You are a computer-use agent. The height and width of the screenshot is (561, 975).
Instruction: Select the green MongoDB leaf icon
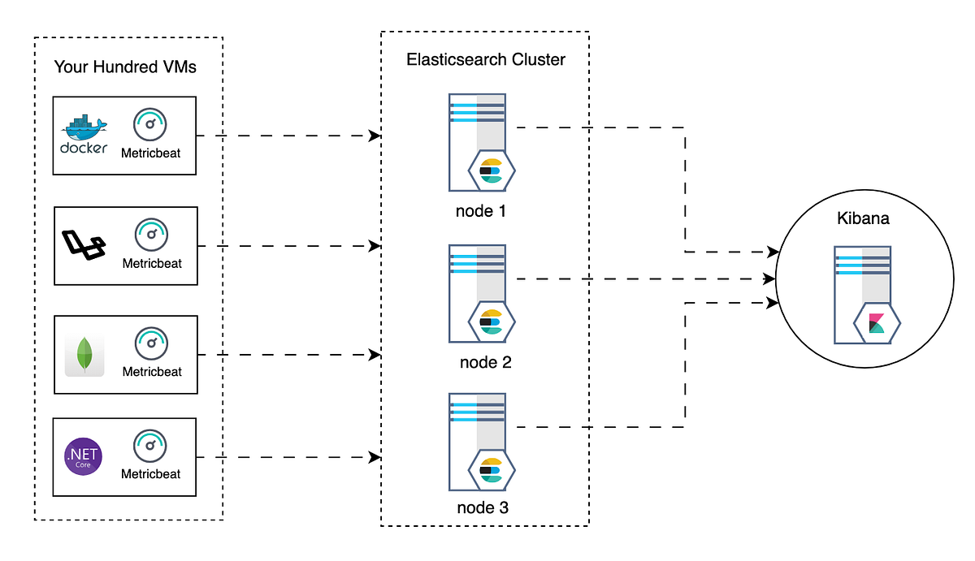click(84, 355)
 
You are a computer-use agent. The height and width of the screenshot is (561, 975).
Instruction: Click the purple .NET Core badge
click(84, 456)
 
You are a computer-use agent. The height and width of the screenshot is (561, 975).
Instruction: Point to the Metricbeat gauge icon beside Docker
click(151, 124)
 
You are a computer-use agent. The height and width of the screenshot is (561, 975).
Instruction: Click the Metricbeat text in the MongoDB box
click(152, 372)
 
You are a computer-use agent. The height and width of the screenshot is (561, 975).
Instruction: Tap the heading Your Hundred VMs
click(125, 67)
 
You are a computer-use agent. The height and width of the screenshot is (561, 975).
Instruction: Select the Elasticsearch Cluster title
click(485, 59)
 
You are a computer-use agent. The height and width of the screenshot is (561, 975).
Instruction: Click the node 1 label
click(484, 211)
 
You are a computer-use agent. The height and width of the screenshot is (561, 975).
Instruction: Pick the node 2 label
click(485, 362)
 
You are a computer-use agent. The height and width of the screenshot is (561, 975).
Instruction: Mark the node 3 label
click(485, 509)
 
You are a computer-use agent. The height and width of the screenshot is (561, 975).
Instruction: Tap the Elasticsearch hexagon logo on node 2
click(491, 321)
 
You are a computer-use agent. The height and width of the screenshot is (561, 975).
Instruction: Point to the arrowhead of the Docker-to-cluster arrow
click(375, 136)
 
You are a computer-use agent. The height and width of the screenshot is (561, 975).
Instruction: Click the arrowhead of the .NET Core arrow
click(375, 458)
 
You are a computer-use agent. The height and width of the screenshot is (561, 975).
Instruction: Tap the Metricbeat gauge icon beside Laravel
click(152, 234)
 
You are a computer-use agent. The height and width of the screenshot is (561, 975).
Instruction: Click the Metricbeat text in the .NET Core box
click(151, 473)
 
